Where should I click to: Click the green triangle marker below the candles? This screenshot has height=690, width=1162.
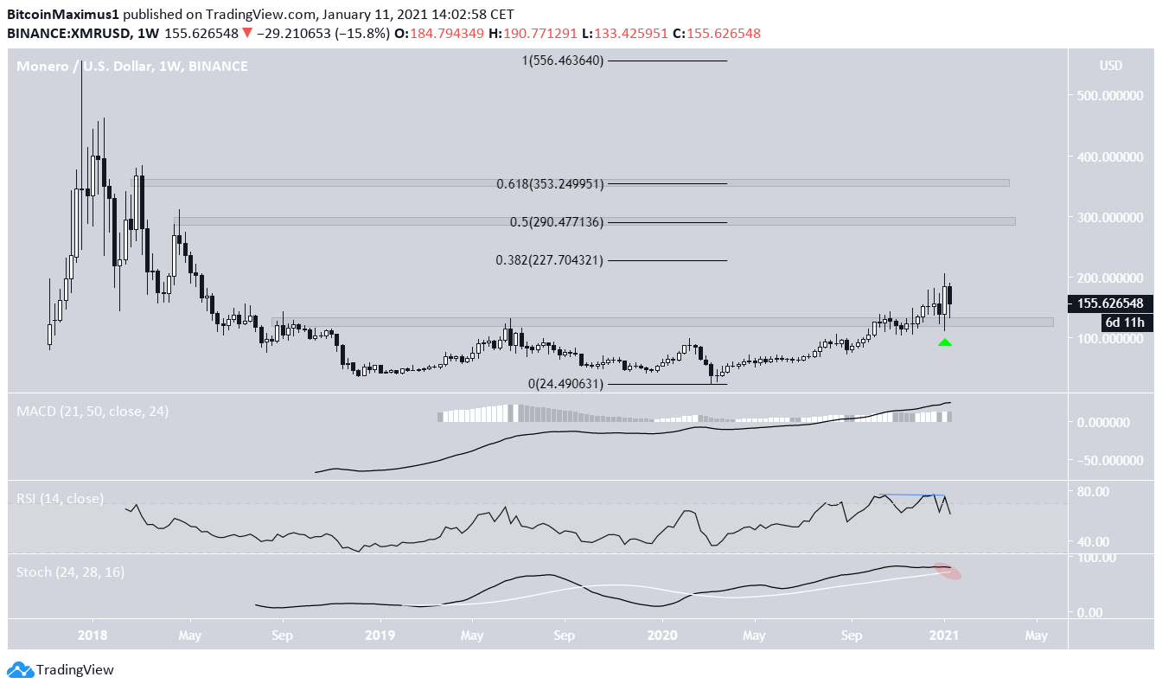[944, 342]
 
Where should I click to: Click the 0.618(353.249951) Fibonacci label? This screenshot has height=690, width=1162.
[550, 184]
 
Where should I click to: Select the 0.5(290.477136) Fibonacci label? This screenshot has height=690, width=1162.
[557, 222]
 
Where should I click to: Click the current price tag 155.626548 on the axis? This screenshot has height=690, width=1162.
[1109, 303]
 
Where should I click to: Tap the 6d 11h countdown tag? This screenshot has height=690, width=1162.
[1128, 323]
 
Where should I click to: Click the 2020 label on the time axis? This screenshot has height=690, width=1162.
[662, 636]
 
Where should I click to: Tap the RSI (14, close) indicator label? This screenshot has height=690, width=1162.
[61, 499]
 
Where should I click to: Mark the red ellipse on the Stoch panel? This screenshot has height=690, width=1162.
[948, 572]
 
